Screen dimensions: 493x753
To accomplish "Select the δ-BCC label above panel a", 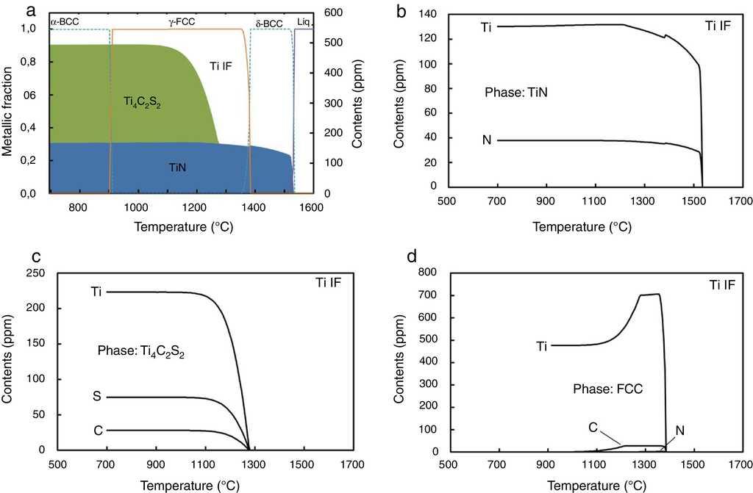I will coord(268,24).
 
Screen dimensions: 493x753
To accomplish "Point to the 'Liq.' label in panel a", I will coord(304,24).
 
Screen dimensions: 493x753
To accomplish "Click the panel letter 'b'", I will coord(402,11).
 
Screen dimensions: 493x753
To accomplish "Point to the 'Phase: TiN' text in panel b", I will coord(516,93).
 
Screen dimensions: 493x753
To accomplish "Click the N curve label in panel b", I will coord(486,140).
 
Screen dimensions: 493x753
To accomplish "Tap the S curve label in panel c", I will coord(96,397).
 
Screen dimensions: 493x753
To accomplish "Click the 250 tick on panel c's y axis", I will coord(35,273).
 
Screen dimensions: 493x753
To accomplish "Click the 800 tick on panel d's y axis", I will coord(429,273).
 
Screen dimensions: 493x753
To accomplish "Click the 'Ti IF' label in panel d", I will coord(723,284).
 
